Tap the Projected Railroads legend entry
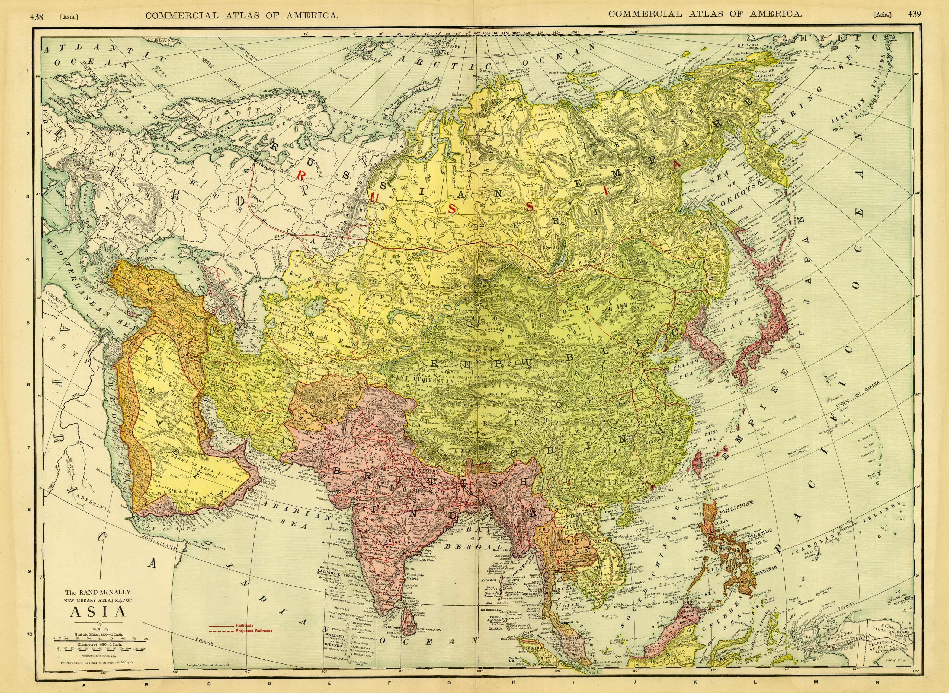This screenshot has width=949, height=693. pos(254,631)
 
